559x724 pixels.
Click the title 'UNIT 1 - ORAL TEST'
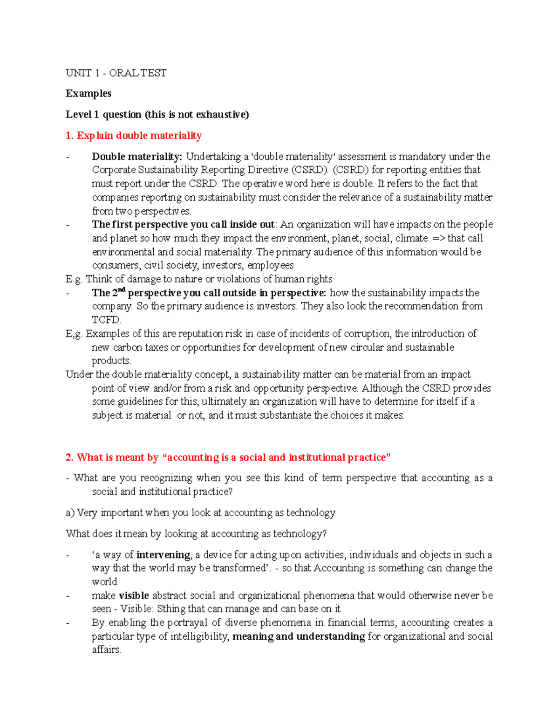tap(116, 73)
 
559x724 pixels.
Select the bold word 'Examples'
tap(89, 93)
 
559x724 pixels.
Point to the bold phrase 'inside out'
tap(252, 225)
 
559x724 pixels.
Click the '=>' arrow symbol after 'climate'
tap(438, 238)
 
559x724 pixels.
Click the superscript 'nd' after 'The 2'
tap(121, 290)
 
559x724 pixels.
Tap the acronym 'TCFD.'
tap(107, 320)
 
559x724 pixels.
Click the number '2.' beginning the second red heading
tap(69, 457)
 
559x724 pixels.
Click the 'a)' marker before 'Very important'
tap(70, 513)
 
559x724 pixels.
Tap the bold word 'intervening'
tap(163, 555)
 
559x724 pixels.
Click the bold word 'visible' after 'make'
tap(134, 596)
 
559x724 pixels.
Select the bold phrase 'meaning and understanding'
tap(298, 636)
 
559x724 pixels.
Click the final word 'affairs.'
tap(107, 650)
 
